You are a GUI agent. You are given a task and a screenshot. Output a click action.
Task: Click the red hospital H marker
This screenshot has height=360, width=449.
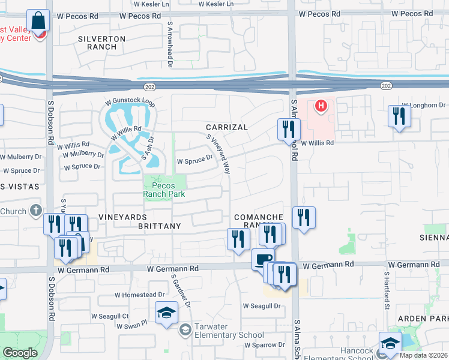(x=321, y=106)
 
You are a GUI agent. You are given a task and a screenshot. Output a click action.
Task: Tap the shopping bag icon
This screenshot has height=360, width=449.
(x=38, y=20)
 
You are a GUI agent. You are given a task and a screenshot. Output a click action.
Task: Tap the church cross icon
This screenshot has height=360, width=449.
(x=36, y=211)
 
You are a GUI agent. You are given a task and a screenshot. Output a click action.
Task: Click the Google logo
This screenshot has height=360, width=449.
(x=20, y=353)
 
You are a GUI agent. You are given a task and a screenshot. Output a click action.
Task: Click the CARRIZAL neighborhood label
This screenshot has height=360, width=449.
(x=226, y=128)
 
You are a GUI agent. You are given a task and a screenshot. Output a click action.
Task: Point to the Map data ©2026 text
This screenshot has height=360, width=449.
(x=423, y=355)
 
